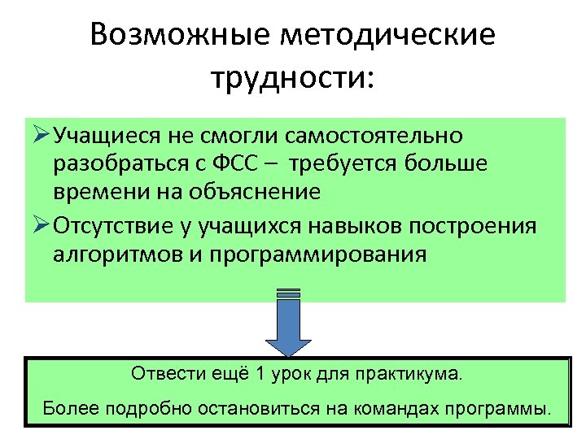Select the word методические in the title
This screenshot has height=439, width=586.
click(386, 36)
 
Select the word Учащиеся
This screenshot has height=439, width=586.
click(108, 134)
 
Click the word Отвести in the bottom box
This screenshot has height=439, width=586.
click(159, 376)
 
